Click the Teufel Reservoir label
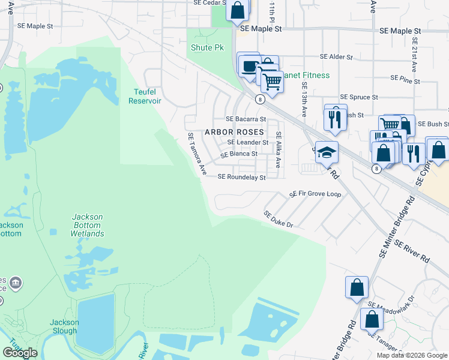tap(145, 96)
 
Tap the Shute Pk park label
tap(202, 47)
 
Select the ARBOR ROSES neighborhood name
tap(234, 131)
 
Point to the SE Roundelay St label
tap(241, 177)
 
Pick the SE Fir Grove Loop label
tap(315, 194)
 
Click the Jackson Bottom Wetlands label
tap(87, 225)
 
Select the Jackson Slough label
tap(64, 326)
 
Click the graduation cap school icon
tap(326, 153)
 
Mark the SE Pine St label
tap(405, 78)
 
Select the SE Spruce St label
tap(358, 97)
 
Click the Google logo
tap(20, 353)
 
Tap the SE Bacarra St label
tap(246, 119)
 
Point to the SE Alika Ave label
tap(279, 150)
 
